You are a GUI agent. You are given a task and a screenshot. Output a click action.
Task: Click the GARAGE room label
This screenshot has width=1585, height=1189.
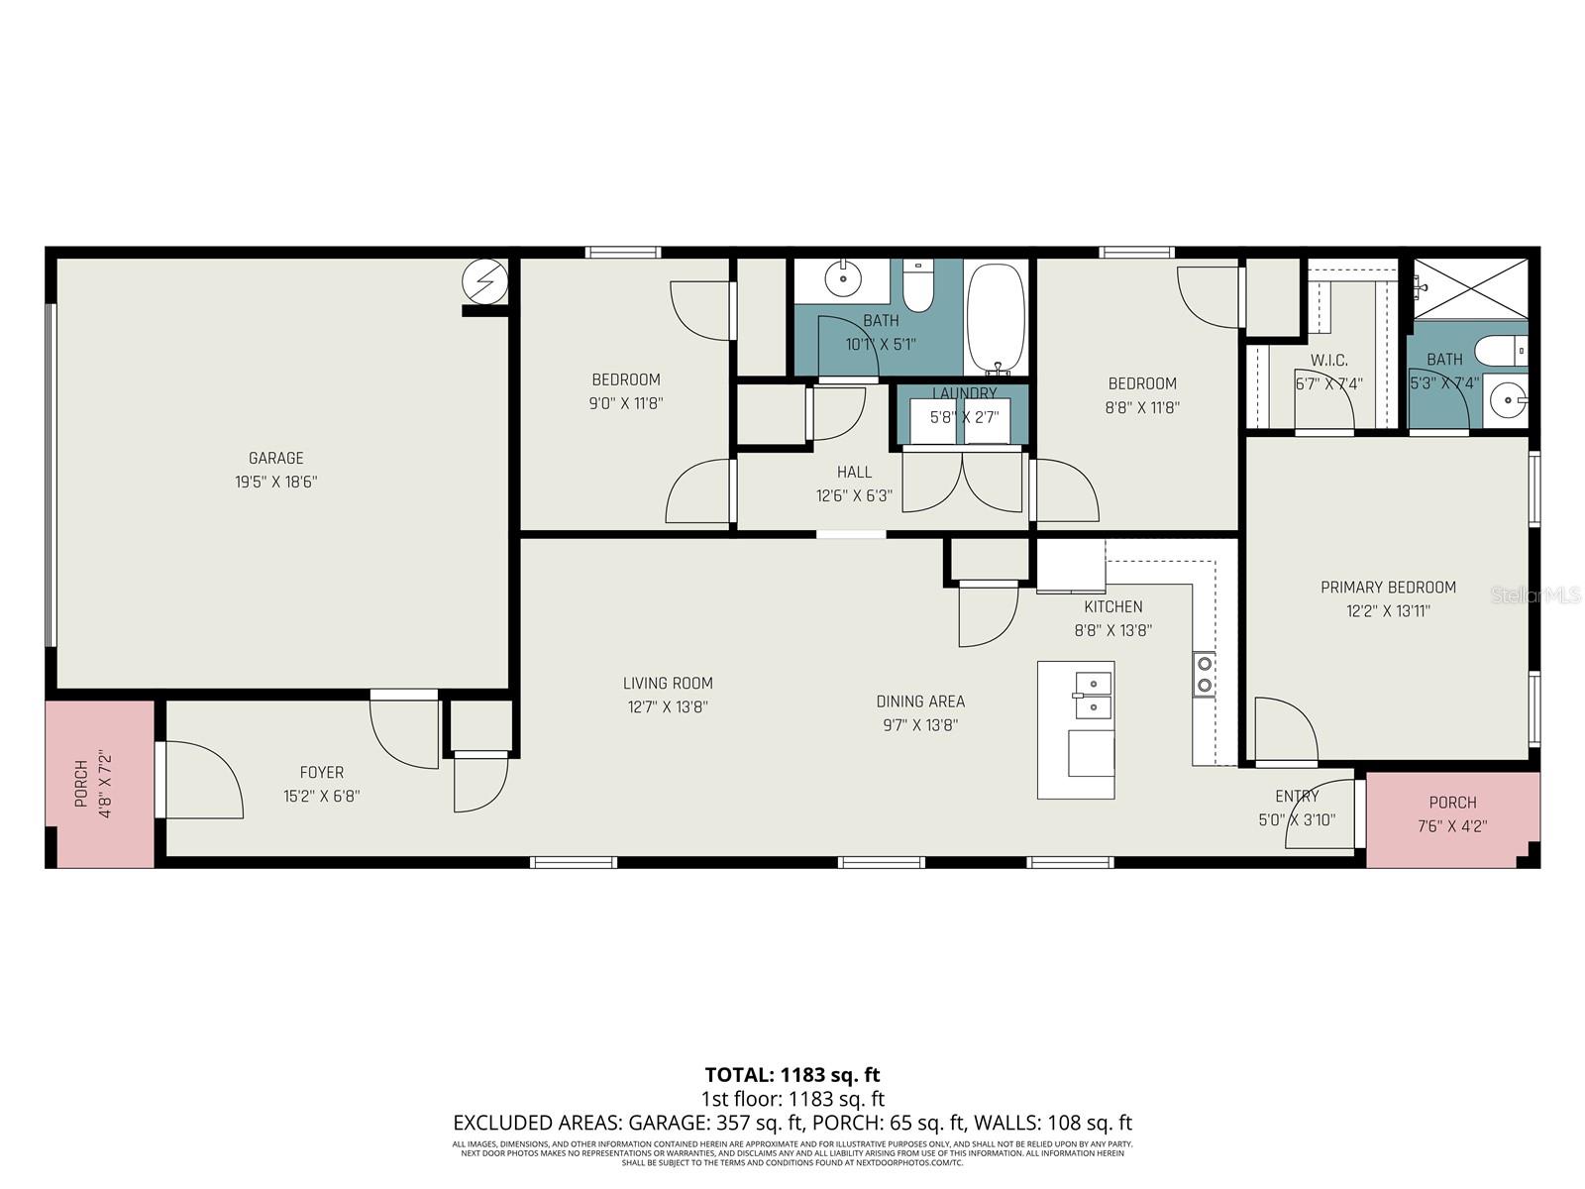(x=275, y=458)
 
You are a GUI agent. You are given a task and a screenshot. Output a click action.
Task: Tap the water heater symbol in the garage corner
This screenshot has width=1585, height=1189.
(x=485, y=283)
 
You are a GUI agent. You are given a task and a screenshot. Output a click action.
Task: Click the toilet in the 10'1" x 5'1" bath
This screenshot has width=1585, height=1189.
(x=918, y=286)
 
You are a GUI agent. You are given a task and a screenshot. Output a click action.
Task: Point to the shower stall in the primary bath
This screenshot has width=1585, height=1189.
(x=1470, y=288)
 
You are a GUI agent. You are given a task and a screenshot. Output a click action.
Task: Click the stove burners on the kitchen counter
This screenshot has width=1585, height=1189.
(x=1204, y=674)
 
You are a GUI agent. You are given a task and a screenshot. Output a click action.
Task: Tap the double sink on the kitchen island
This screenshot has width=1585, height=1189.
(x=1092, y=695)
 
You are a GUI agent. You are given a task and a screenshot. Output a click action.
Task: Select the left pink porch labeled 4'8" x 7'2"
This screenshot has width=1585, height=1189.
(x=99, y=783)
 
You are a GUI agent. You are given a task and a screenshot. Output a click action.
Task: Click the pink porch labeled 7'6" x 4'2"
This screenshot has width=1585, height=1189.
(x=1451, y=817)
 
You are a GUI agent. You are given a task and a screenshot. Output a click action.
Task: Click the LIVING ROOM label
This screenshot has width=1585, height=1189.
(x=668, y=683)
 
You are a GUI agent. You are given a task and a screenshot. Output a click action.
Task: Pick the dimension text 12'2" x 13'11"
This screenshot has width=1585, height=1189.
(x=1388, y=611)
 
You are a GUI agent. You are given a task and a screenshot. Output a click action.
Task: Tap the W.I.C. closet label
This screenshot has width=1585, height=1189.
(x=1328, y=360)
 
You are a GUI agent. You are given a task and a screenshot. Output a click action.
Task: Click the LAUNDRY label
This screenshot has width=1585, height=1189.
(x=964, y=393)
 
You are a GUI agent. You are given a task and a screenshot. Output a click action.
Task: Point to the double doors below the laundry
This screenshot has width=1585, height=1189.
(x=963, y=481)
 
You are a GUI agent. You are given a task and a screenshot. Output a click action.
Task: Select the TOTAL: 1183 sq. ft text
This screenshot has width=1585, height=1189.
(x=792, y=1074)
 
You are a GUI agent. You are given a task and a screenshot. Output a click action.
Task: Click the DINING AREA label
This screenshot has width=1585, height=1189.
(x=920, y=702)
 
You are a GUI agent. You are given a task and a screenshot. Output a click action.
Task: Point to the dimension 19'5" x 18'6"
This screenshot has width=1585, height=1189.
(x=275, y=483)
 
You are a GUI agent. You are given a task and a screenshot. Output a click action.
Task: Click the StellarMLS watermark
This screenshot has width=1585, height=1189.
(x=1535, y=595)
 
